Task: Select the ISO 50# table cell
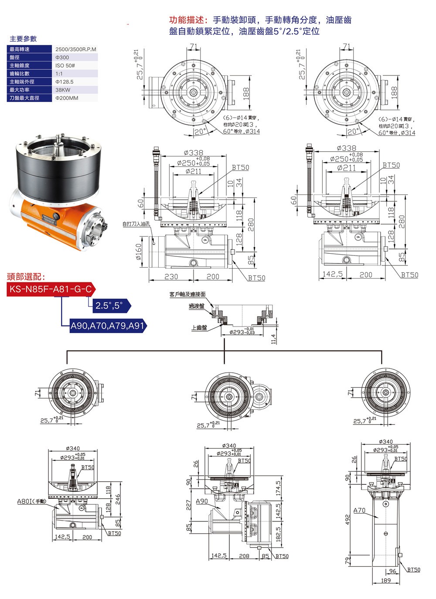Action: pos(65,65)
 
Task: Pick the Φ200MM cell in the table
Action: pos(67,98)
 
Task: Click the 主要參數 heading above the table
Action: pos(23,39)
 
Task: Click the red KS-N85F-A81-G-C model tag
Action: pos(51,289)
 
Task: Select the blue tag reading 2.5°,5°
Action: pos(109,306)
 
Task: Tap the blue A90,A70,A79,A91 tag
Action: pos(107,325)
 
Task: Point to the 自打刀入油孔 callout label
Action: pos(136,224)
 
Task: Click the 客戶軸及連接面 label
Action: pos(187,295)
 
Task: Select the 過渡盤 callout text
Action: pos(196,306)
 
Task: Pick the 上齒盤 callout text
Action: pos(199,327)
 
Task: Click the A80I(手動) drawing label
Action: pos(32,501)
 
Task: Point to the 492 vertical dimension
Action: pos(348,519)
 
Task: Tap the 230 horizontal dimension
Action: pos(171,276)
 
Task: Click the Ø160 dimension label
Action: pos(139,252)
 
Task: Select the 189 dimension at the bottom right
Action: pos(385,581)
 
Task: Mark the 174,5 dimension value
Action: pos(278,488)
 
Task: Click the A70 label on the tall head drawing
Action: pos(359,510)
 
